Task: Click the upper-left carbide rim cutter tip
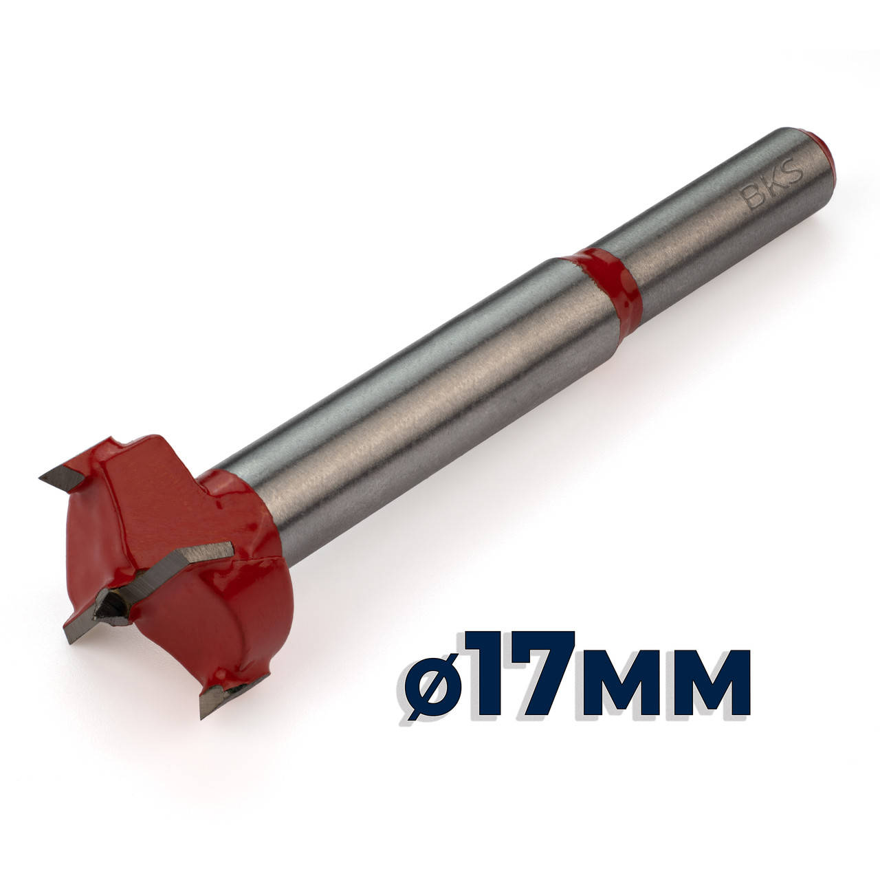(62, 478)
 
